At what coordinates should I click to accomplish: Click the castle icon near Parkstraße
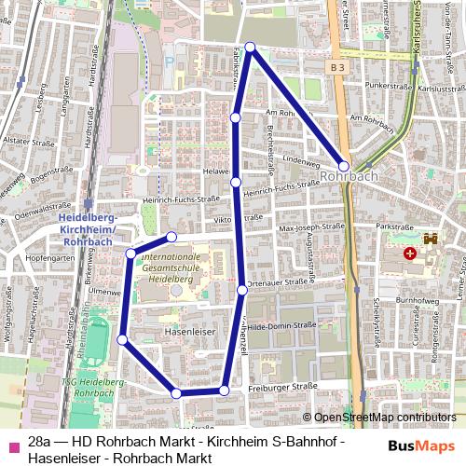(x=431, y=239)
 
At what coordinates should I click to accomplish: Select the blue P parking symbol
(x=170, y=62)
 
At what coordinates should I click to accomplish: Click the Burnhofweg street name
(x=416, y=302)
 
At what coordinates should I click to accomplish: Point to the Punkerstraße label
(x=391, y=85)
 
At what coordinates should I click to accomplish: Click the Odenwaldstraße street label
(x=38, y=212)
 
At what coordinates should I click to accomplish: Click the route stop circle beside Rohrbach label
(x=345, y=167)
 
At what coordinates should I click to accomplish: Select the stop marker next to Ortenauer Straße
(x=242, y=290)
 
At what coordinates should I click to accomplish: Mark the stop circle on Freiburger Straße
(x=224, y=390)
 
